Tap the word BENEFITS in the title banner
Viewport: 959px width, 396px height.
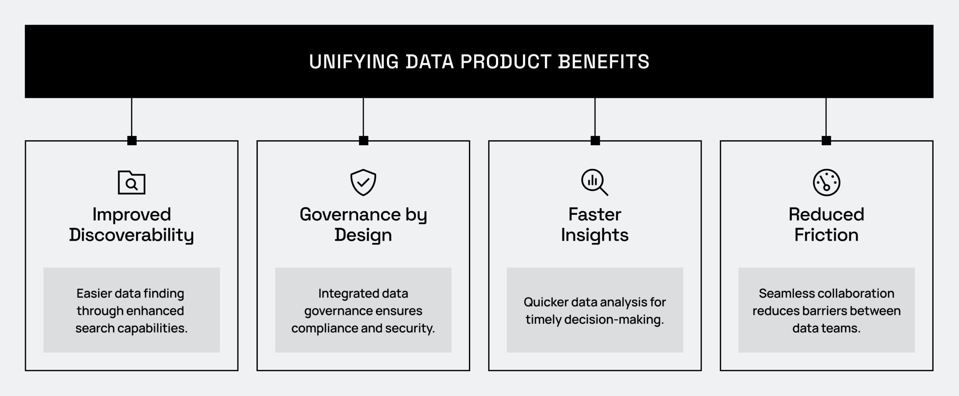coord(603,62)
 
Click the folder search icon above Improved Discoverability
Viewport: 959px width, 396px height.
coord(131,183)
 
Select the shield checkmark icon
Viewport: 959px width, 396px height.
coord(363,183)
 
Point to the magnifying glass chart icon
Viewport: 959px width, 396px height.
coord(595,183)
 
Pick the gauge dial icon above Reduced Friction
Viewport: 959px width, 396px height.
coord(826,183)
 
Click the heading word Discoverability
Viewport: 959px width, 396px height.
coord(131,235)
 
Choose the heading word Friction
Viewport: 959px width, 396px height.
coord(826,235)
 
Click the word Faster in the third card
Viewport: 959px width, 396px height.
coord(595,214)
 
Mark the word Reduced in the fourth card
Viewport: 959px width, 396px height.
coord(826,214)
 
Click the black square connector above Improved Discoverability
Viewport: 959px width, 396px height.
coord(132,140)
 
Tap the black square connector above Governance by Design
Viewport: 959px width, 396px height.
coord(363,140)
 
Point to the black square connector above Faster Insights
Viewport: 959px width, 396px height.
coord(595,140)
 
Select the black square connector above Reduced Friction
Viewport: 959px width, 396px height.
coord(826,140)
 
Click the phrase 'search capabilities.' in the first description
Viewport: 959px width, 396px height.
coord(131,328)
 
